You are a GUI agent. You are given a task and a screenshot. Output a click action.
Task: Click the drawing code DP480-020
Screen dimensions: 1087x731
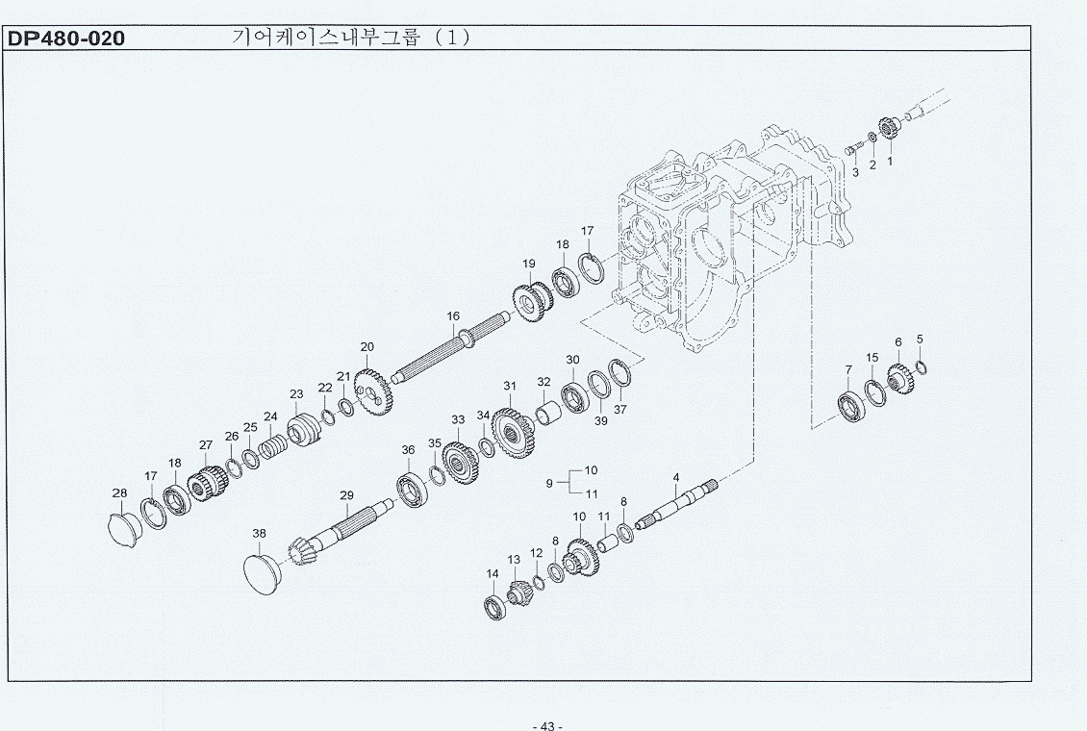66,38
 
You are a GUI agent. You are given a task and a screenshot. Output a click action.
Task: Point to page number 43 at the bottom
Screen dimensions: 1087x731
547,725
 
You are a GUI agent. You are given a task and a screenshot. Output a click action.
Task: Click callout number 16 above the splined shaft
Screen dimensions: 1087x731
453,315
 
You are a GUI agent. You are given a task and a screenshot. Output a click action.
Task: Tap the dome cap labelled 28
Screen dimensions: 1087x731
125,527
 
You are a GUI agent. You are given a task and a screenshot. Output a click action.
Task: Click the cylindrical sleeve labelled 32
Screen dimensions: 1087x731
547,413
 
